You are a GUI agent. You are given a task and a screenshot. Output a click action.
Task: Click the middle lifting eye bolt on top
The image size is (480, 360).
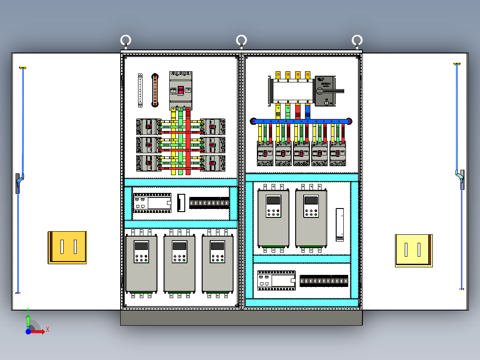[241, 41]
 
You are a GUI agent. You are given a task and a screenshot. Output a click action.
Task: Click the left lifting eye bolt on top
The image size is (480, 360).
[126, 41]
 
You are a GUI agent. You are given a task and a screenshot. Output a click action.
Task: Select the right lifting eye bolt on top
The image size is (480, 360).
[357, 41]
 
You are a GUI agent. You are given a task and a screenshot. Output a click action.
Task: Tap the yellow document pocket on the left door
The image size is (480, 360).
[67, 247]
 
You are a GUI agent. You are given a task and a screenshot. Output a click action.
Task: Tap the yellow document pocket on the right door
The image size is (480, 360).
[414, 250]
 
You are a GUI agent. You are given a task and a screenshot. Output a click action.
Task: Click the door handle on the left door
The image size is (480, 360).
[19, 183]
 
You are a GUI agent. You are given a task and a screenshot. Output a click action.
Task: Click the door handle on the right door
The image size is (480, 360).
[461, 180]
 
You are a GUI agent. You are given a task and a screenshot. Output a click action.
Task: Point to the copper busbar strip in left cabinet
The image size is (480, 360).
[155, 90]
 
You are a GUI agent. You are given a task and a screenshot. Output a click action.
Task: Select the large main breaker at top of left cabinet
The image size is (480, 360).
[180, 90]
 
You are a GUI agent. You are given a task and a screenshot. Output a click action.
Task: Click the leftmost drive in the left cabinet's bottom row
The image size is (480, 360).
[141, 263]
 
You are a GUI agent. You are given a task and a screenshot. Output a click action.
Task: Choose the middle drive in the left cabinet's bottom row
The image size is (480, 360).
[179, 263]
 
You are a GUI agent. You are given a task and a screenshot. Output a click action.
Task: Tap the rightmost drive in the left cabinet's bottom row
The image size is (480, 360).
[218, 263]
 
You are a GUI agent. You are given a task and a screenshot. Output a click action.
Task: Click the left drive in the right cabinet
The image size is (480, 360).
[273, 218]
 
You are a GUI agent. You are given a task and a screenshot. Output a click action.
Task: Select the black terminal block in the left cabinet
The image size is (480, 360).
[209, 203]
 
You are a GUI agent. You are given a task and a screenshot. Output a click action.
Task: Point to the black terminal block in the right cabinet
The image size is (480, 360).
[324, 281]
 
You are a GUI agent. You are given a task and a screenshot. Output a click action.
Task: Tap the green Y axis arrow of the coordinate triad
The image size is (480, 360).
[28, 318]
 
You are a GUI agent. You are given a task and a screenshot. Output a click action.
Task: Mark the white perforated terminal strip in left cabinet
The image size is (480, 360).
[140, 90]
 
